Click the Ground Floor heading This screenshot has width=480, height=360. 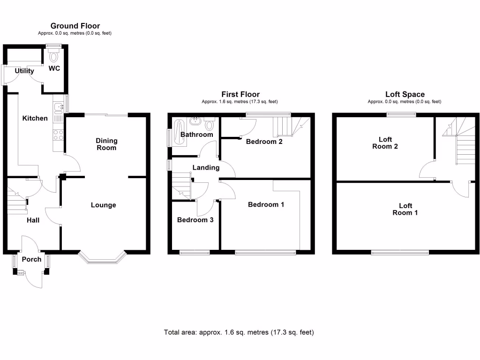pyautogui.click(x=75, y=26)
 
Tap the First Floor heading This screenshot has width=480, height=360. pyautogui.click(x=240, y=94)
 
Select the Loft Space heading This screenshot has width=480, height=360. pyautogui.click(x=405, y=94)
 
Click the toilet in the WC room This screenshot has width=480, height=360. pyautogui.click(x=54, y=57)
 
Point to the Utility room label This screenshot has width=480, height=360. pyautogui.click(x=24, y=71)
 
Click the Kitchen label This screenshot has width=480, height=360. pyautogui.click(x=35, y=118)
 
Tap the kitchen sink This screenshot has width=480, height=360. pyautogui.click(x=59, y=108)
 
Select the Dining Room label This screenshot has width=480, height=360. pyautogui.click(x=106, y=144)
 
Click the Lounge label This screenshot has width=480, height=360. pyautogui.click(x=103, y=205)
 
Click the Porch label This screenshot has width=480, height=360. pyautogui.click(x=32, y=259)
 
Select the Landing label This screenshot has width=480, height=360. pyautogui.click(x=206, y=167)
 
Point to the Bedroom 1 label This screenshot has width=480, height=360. pyautogui.click(x=266, y=204)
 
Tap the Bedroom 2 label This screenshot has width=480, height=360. pyautogui.click(x=264, y=142)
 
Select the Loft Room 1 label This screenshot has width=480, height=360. pyautogui.click(x=405, y=209)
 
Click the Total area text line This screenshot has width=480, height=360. pyautogui.click(x=239, y=332)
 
